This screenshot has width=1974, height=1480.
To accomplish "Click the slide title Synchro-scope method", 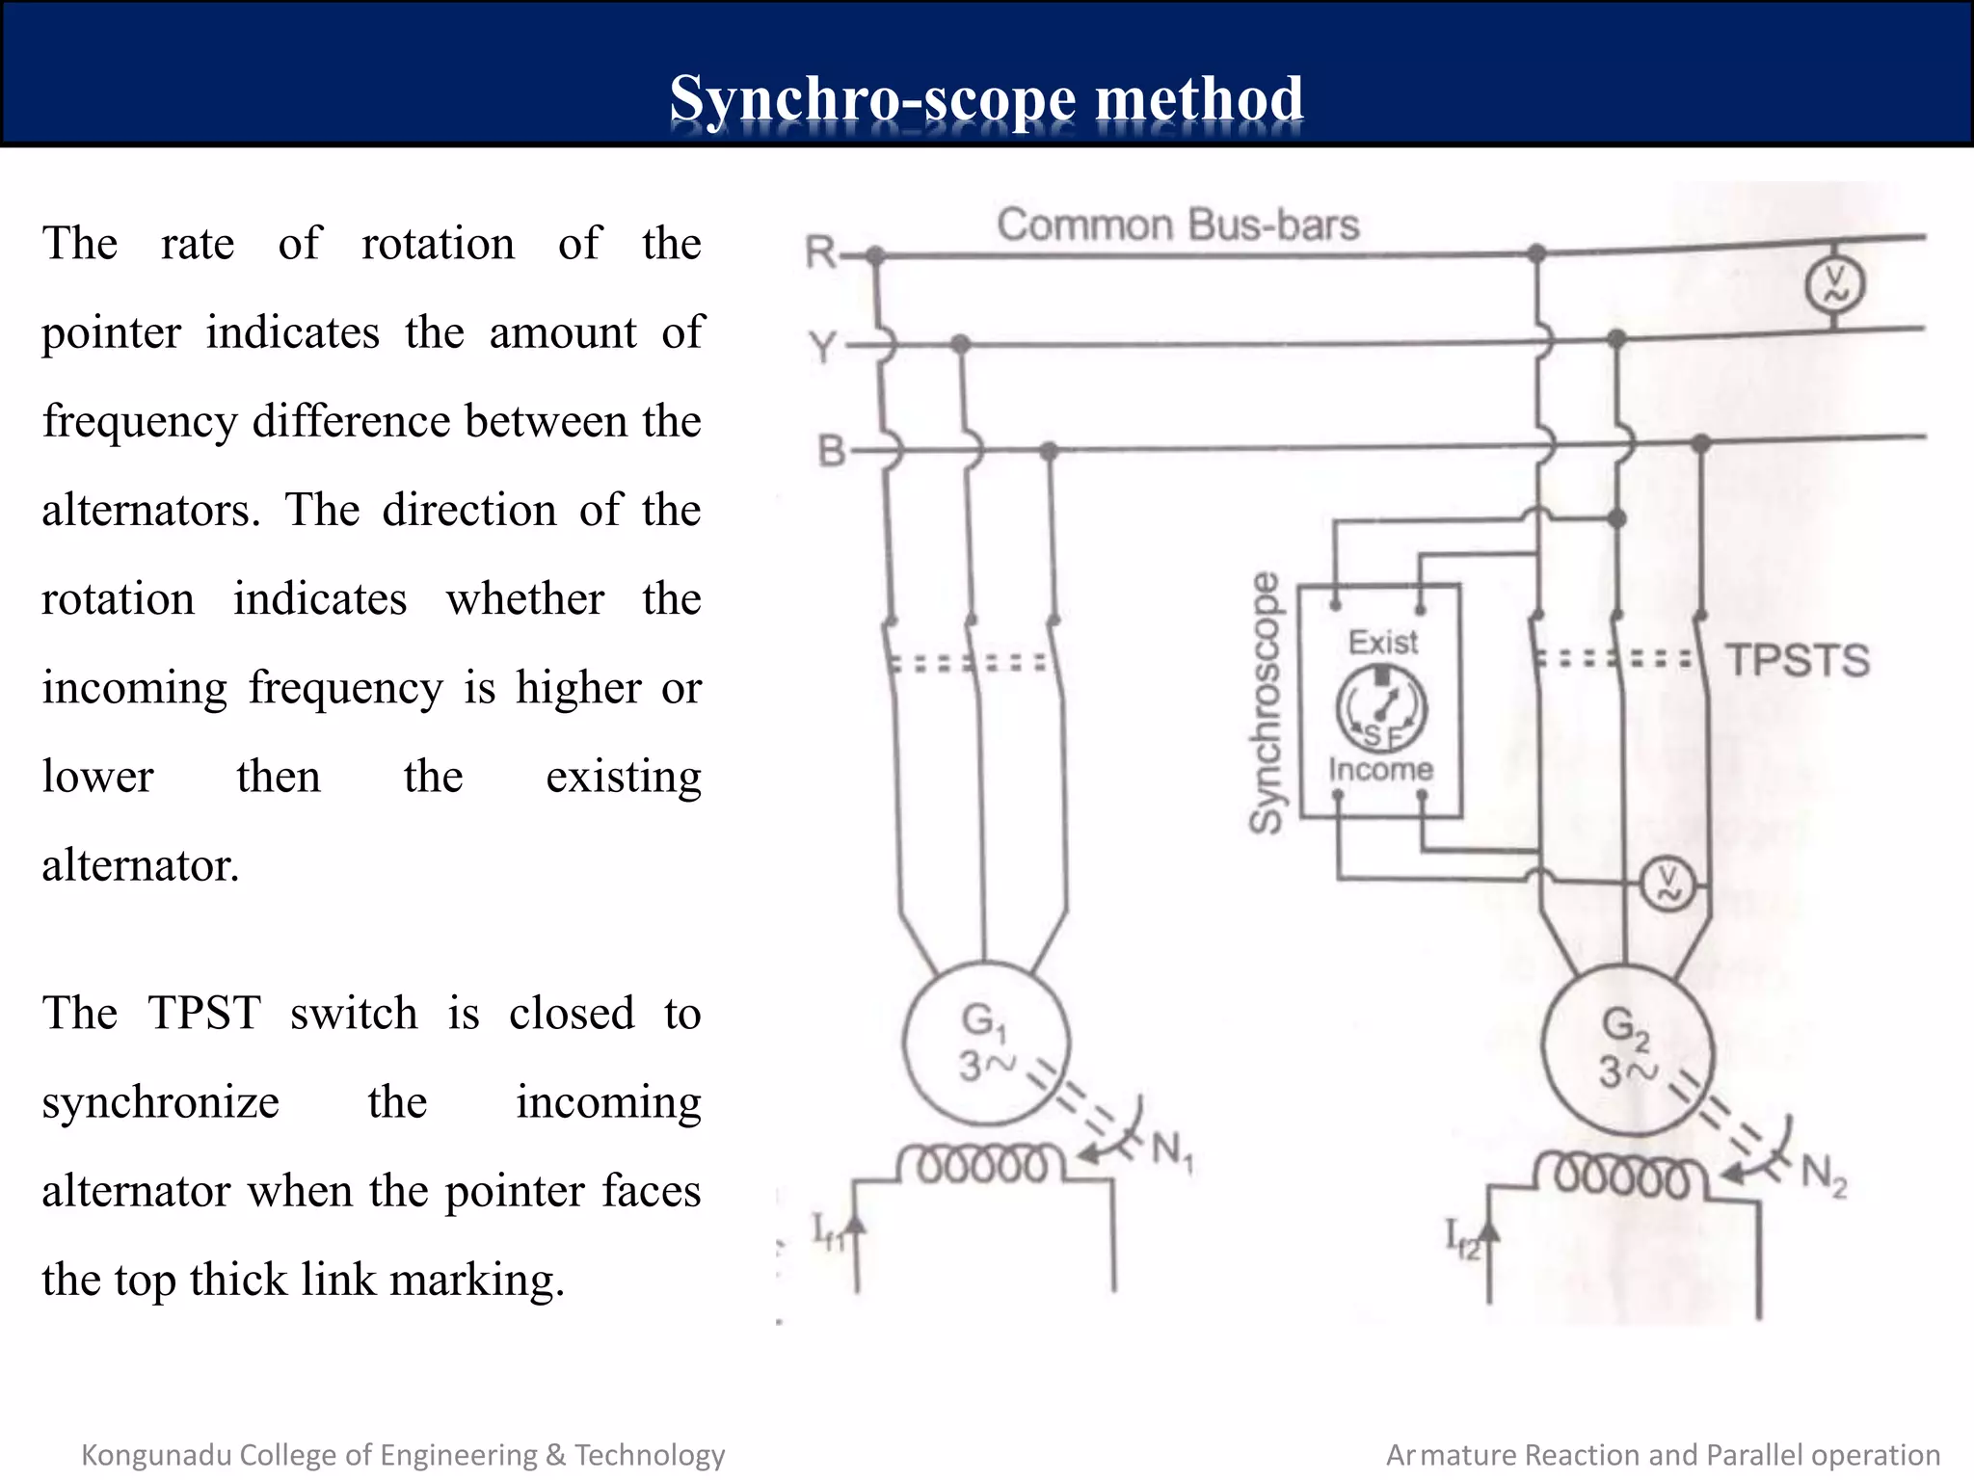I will click(x=986, y=99).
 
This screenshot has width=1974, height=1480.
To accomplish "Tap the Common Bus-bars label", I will click(x=1177, y=225).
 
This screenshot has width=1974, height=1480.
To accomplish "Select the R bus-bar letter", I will click(x=820, y=252).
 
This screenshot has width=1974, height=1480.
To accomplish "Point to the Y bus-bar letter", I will click(x=822, y=346).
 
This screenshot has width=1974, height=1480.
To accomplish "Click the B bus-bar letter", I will click(x=830, y=450).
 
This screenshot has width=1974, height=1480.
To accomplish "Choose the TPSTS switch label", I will click(x=1797, y=661).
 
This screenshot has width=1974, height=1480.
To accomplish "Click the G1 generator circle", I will click(x=985, y=1043).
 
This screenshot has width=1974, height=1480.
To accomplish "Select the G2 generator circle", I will click(x=1627, y=1049).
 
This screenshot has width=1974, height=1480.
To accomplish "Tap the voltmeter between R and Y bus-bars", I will click(x=1833, y=285).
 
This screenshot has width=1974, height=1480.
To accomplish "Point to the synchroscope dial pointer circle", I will click(x=1380, y=708).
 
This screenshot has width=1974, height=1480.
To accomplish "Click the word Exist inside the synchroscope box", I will click(x=1382, y=642).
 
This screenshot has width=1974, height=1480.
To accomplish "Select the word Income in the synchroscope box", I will click(x=1380, y=769).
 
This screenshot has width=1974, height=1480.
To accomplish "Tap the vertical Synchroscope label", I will click(x=1266, y=702).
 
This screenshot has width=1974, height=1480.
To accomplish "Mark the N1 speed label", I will click(x=1172, y=1150).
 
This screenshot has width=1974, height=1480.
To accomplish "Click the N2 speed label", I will click(x=1824, y=1175).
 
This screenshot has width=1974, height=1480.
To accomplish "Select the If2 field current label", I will click(x=1461, y=1239).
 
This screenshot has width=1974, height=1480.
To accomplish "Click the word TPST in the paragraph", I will click(x=203, y=1014).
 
